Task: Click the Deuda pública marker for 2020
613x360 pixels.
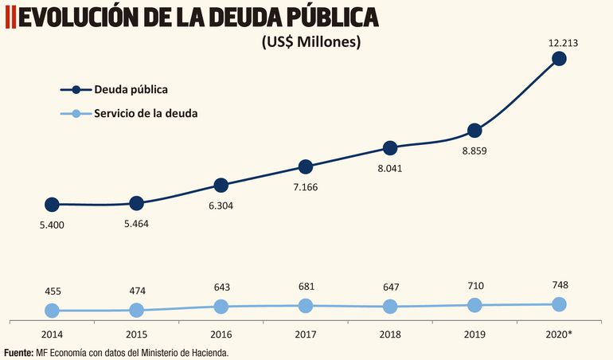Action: click(559, 58)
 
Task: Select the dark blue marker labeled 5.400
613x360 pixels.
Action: click(52, 205)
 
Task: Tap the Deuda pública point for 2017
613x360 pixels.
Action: click(306, 166)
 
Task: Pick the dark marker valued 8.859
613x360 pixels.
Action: click(474, 131)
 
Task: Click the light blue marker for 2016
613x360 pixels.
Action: click(221, 307)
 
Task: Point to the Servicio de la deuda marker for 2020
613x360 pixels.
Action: click(559, 304)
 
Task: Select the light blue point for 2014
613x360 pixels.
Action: click(52, 311)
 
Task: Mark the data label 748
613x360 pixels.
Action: click(559, 285)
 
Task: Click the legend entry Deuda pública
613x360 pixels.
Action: click(131, 89)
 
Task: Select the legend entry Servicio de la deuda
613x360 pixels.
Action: click(146, 113)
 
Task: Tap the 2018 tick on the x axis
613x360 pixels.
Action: click(390, 335)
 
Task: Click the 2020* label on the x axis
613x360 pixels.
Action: click(558, 335)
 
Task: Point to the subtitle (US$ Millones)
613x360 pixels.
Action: click(310, 42)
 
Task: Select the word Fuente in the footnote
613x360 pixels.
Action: click(18, 352)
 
